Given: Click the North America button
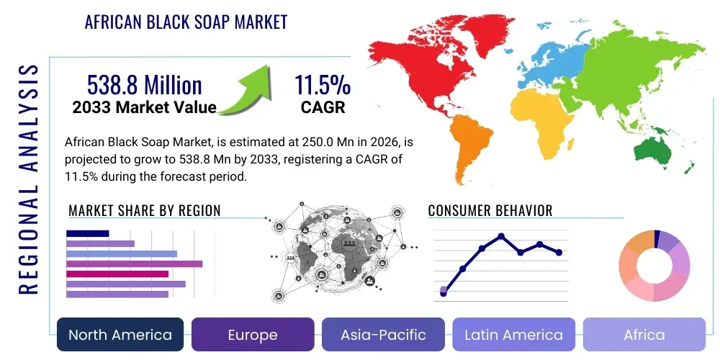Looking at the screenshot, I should pos(120,335).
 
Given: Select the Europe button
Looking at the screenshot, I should pos(253,335).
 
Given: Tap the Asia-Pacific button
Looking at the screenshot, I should pos(384,335).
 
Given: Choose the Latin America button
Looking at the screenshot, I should pos(513,335).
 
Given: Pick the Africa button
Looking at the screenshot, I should pos(644,335).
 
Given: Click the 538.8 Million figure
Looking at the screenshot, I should pos(144,85).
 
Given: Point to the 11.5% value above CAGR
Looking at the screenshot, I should pos(322,85).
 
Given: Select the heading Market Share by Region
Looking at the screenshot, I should pos(144,210).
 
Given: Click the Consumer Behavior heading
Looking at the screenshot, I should pos(490,210).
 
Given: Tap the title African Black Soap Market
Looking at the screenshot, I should pos(186,22).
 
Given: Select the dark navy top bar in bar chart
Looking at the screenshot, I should pos(87,233).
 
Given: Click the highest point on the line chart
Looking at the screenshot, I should pos(501,236).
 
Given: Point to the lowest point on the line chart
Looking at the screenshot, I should pos(444,293).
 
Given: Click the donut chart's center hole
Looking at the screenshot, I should pos(654,266).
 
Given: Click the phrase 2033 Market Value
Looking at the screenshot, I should pos(144,108).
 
